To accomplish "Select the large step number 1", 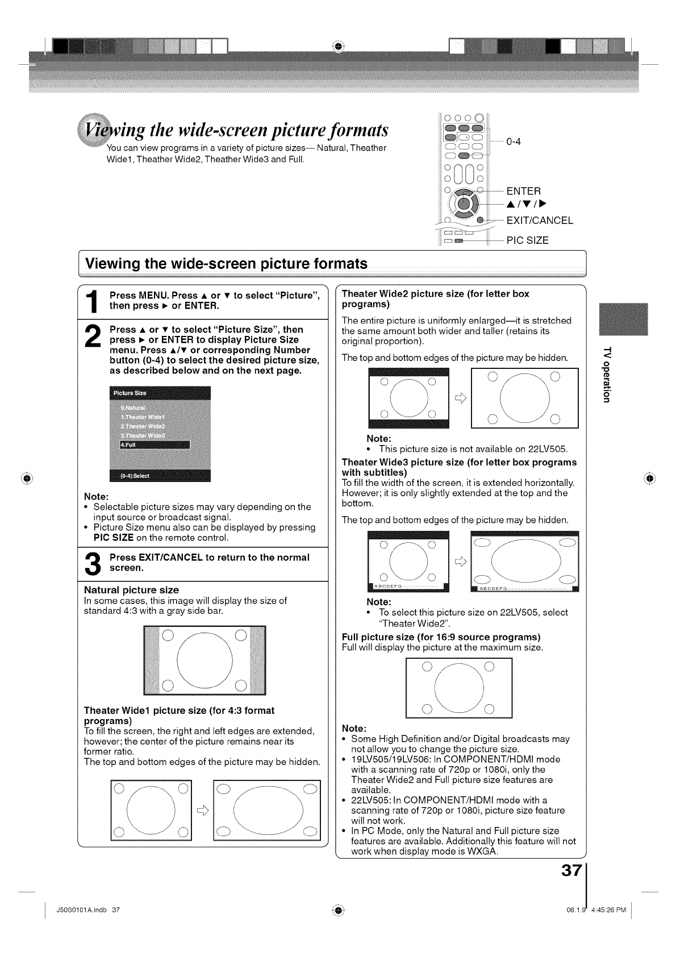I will [94, 301].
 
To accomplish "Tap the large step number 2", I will [94, 340].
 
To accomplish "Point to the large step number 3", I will [94, 563].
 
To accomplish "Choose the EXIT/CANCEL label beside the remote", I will [540, 221].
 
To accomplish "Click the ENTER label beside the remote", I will [524, 191].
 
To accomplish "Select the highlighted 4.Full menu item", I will [150, 444].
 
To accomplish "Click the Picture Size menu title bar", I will [160, 393].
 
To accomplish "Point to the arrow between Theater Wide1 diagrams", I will [203, 811].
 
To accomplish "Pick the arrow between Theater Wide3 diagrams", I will [461, 562].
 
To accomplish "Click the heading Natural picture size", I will [131, 590].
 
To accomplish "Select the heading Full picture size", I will [441, 637].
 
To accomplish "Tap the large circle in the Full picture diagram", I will [459, 688].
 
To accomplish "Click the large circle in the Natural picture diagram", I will [205, 660].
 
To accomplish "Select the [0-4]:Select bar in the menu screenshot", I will [160, 476].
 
